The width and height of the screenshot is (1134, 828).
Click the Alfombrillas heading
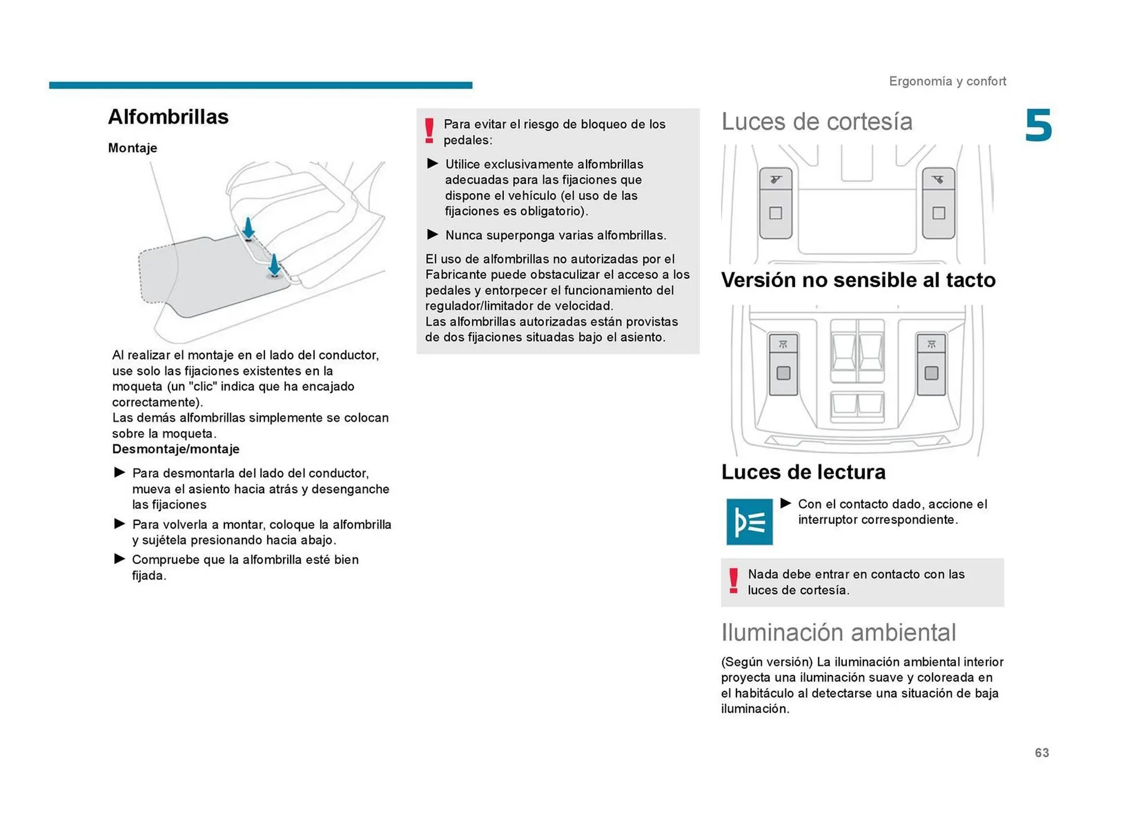pos(168,117)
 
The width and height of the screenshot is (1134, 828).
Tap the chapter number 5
pos(1038,126)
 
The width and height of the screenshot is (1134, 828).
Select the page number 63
pos(1041,752)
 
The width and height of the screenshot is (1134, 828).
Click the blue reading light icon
pos(749,521)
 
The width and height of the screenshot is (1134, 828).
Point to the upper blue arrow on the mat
pos(249,228)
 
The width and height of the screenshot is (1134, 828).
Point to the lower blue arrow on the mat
pos(274,265)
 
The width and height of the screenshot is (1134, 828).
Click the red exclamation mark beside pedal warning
pos(429,131)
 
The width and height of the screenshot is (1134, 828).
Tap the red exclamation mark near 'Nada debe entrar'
pos(733,581)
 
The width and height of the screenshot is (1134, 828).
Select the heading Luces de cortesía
pos(816,122)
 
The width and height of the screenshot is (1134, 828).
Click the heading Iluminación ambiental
pos(838,632)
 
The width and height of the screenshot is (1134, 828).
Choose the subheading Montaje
pos(132,148)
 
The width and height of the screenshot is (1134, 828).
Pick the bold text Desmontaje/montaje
pos(175,449)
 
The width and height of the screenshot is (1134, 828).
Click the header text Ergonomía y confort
pos(947,81)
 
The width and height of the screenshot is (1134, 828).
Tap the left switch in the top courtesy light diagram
pos(775,203)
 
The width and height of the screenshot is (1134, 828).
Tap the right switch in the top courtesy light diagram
pos(938,203)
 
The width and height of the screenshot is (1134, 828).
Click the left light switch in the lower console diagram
pos(783,364)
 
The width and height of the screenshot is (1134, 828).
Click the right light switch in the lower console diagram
pos(931,364)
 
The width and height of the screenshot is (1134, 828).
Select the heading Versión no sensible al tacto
pos(858,280)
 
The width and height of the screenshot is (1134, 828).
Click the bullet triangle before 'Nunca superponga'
pos(432,234)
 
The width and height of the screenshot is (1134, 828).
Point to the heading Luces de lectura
pos(803,472)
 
